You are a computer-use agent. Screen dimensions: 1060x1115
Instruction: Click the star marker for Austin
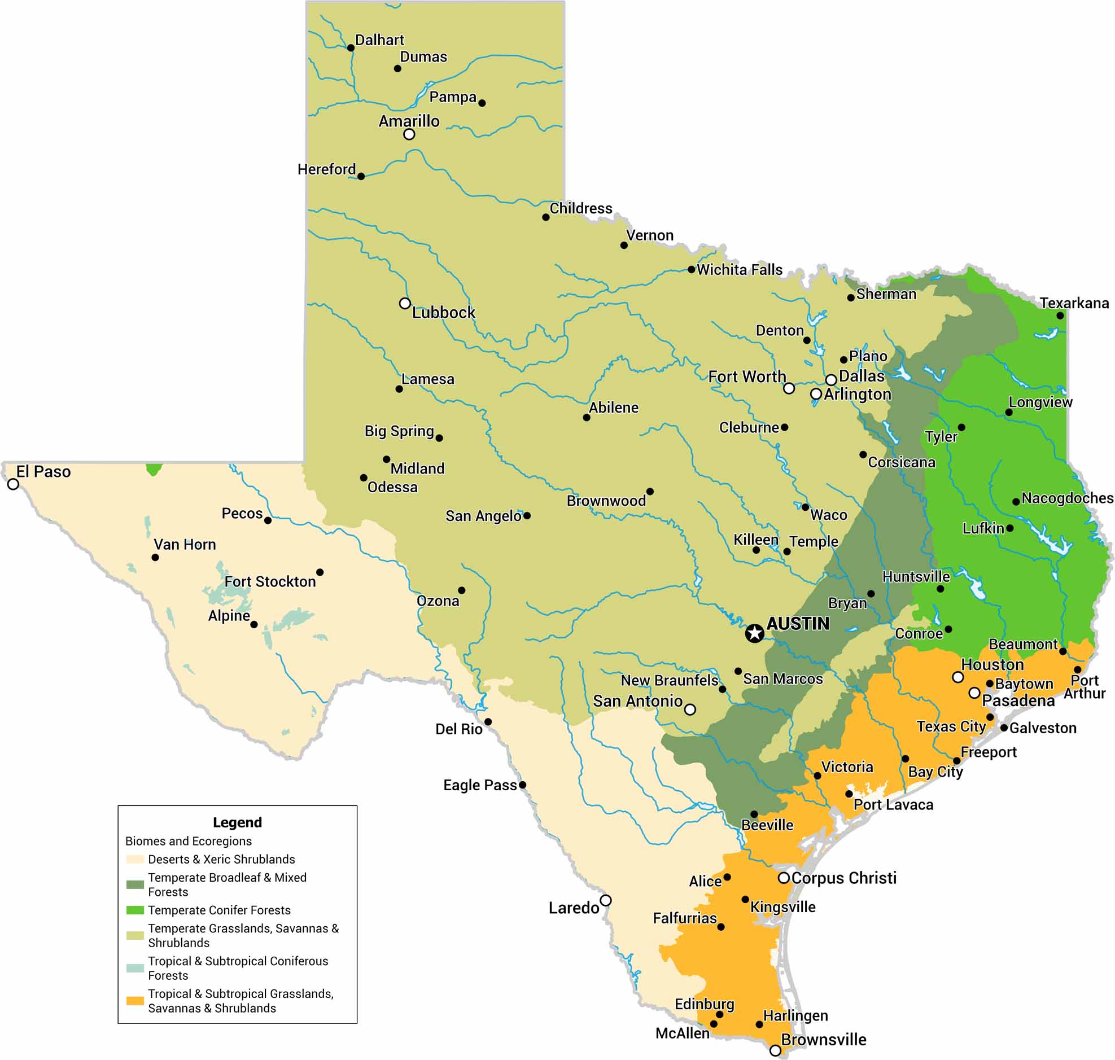(x=754, y=633)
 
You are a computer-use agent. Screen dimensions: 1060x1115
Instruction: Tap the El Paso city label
(x=43, y=472)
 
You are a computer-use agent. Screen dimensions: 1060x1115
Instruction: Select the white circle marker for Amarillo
(x=409, y=134)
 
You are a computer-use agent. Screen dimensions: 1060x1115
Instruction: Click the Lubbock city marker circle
(x=405, y=304)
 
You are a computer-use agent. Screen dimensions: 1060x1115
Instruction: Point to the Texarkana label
(x=1074, y=304)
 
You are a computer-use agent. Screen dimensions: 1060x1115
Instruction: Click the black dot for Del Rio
(x=488, y=721)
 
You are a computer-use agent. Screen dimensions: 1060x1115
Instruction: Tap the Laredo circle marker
(x=605, y=900)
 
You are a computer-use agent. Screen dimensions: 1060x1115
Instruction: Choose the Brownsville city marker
(x=775, y=1050)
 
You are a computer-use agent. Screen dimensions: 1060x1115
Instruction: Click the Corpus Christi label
(x=844, y=878)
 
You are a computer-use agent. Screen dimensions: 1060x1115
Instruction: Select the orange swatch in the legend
(x=135, y=1001)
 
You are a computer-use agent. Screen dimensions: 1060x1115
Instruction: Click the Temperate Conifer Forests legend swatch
(x=135, y=910)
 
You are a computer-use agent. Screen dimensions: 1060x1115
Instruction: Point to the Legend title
(x=237, y=822)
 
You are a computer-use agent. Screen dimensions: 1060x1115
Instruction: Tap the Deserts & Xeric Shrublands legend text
(x=221, y=860)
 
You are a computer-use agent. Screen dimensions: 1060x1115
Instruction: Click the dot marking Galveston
(x=1004, y=728)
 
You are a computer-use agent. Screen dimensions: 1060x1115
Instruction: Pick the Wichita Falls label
(x=739, y=270)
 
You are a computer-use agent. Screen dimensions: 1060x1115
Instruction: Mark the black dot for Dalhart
(x=351, y=48)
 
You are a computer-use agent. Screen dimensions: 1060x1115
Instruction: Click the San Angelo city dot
(x=527, y=515)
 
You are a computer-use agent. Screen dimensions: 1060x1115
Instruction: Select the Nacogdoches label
(x=1067, y=498)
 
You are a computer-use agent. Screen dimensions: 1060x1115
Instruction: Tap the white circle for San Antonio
(x=690, y=709)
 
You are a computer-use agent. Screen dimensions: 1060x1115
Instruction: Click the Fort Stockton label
(x=270, y=582)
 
